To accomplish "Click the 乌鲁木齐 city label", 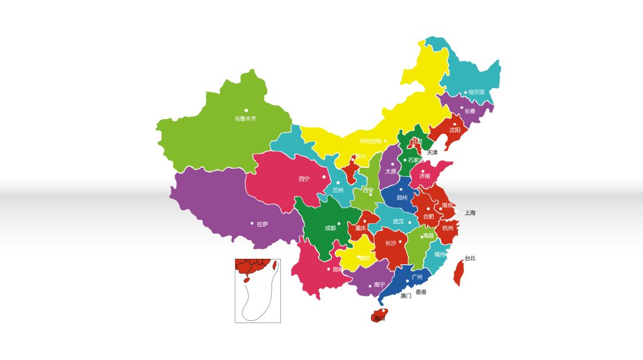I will click(x=245, y=118).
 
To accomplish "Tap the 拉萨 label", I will click(x=263, y=224).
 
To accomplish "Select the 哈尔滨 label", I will click(x=476, y=92).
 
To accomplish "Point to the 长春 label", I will click(x=470, y=111).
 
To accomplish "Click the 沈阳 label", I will click(x=455, y=130).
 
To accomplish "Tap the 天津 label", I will click(x=432, y=153).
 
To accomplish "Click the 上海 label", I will click(x=470, y=213).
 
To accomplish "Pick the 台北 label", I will click(x=470, y=258).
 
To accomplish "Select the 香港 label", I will click(x=421, y=292).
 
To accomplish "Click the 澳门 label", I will click(x=406, y=296).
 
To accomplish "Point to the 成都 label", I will click(x=330, y=228).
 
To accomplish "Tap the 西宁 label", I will click(x=304, y=179).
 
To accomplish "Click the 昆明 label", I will click(x=338, y=270).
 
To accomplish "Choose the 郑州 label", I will click(x=402, y=198).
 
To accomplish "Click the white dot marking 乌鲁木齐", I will click(x=246, y=110).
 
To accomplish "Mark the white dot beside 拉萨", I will click(x=252, y=224).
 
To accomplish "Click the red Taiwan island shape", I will click(x=458, y=273).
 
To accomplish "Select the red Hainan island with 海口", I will click(x=379, y=315).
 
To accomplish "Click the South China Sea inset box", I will click(x=258, y=290).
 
